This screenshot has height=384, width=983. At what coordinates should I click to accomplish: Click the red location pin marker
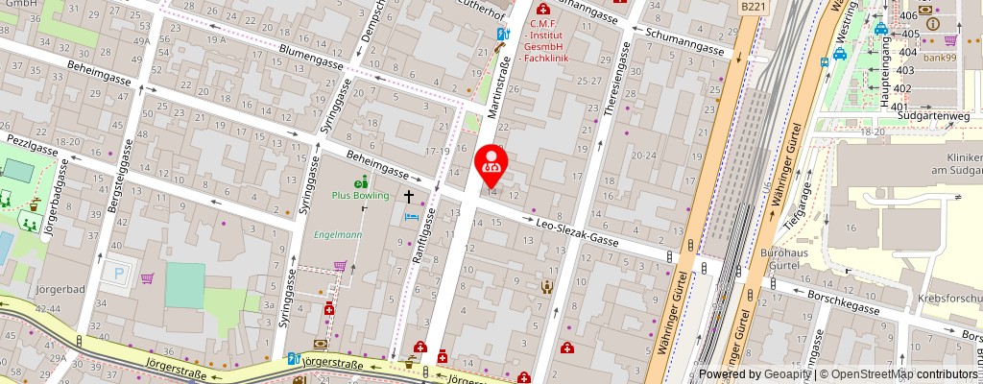[x=492, y=165]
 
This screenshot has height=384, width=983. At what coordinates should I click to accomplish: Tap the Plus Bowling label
[x=360, y=195]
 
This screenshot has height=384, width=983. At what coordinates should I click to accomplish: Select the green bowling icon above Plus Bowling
[x=360, y=182]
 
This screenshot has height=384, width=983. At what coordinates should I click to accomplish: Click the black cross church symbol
[x=408, y=197]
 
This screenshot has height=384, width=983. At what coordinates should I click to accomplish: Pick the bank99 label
[x=941, y=57]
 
